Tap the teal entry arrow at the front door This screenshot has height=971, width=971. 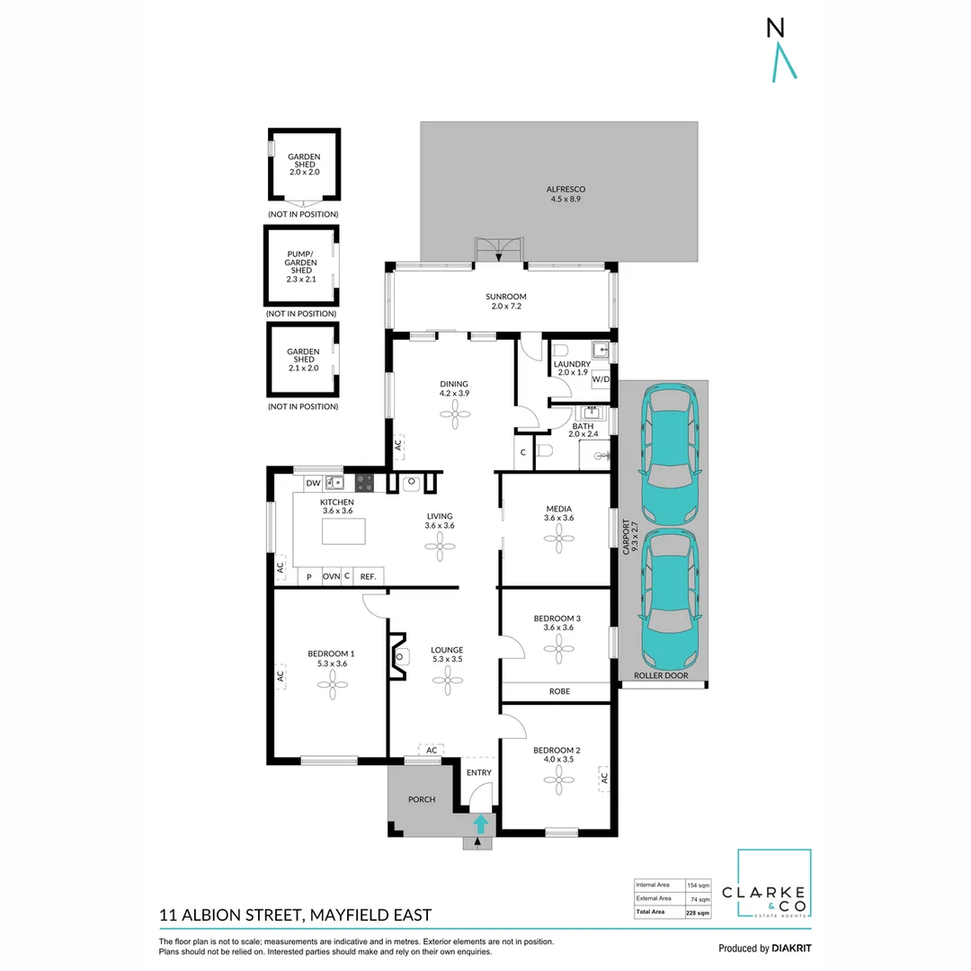pos(481,823)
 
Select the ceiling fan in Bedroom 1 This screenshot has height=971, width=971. pos(332,687)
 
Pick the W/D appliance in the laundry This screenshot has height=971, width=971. pos(601,379)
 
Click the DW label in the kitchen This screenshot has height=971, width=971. pos(313,484)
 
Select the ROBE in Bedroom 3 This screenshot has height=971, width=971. pos(558,691)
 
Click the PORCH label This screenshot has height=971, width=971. pos(422,799)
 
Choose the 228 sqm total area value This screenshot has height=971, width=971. pos(698,913)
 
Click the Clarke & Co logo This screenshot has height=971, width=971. pos(774,885)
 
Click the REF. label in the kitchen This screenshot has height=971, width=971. pos(368,577)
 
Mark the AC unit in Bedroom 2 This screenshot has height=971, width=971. pos(604,777)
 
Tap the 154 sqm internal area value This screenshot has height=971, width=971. pos(698,885)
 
